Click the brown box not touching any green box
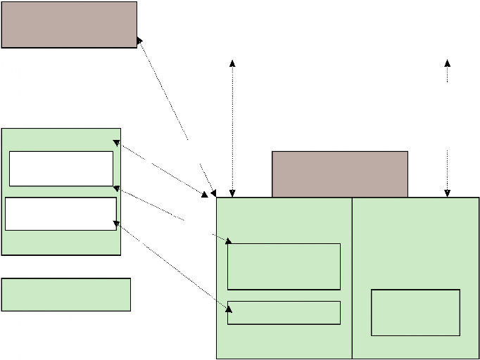click(69, 25)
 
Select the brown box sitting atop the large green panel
click(339, 174)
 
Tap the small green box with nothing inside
click(66, 295)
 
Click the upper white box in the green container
click(61, 169)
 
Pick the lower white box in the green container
click(61, 214)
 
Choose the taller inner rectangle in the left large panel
click(284, 266)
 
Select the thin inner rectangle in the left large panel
click(284, 313)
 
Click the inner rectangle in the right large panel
click(415, 312)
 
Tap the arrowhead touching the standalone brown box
click(140, 43)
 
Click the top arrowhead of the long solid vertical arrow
click(232, 63)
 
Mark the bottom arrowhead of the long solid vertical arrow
click(232, 193)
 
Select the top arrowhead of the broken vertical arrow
click(447, 63)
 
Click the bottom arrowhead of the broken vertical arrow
click(447, 193)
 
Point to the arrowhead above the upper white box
click(117, 143)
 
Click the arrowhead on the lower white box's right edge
click(117, 224)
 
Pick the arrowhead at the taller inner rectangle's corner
click(228, 241)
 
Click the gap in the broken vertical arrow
click(447, 117)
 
